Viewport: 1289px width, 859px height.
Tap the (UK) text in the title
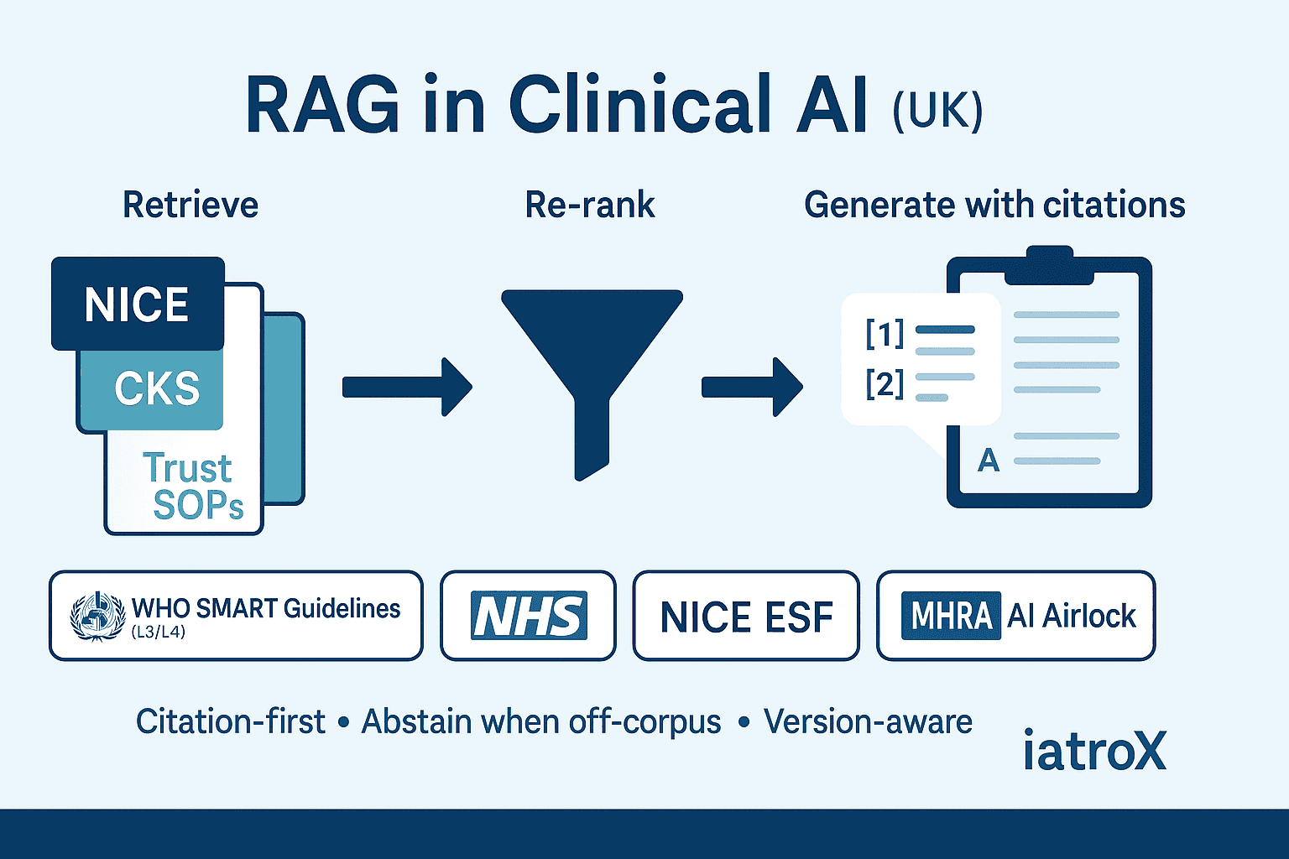point(937,111)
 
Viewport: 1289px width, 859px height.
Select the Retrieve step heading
point(190,206)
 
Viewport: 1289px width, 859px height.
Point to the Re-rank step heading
point(590,206)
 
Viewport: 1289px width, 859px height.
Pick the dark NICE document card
point(138,304)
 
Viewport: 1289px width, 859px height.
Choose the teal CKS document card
point(156,388)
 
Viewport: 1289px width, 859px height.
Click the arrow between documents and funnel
point(407,387)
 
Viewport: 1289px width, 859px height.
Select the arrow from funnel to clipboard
point(752,387)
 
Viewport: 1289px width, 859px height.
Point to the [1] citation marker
point(885,334)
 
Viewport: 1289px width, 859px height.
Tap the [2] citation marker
point(885,384)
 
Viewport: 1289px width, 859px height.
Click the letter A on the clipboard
point(989,460)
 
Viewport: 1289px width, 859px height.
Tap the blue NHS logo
point(529,617)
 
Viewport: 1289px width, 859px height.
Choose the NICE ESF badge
point(746,617)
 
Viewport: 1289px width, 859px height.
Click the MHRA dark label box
point(951,617)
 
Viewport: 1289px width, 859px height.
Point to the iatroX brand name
point(1094,751)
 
